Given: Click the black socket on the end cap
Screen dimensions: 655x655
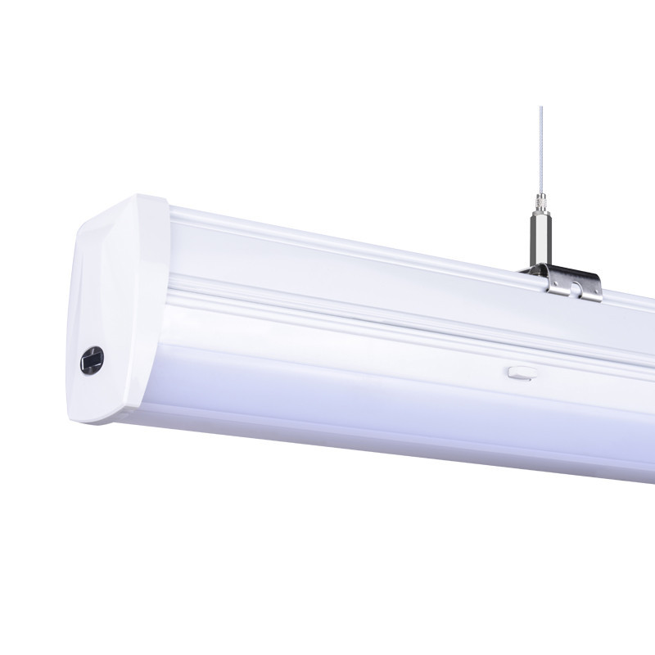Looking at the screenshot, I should pos(91,359).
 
